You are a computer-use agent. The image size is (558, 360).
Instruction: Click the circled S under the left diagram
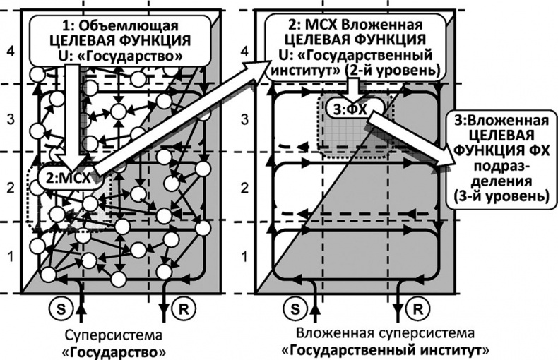point(59,308)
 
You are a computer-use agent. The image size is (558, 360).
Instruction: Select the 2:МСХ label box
point(68,178)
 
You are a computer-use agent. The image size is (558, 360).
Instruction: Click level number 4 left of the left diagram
point(9,51)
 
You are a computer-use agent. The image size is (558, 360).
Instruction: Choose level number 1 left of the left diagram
point(9,255)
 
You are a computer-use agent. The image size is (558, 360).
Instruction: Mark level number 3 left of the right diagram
point(244,119)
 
